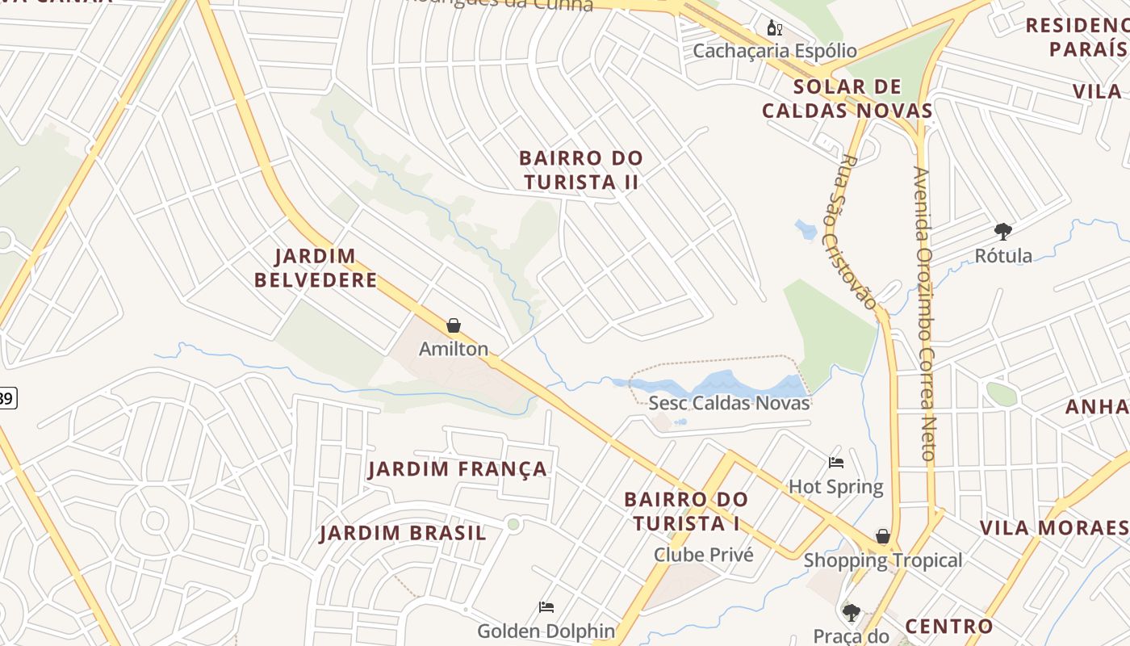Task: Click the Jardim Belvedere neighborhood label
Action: [x=316, y=268]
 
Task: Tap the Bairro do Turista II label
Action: [x=580, y=170]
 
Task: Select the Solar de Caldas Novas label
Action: [x=847, y=99]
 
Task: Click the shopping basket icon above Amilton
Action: [x=454, y=325]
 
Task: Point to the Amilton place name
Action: [x=454, y=349]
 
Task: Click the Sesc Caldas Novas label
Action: [x=729, y=403]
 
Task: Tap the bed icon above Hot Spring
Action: [x=836, y=463]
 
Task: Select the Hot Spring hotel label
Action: [x=836, y=487]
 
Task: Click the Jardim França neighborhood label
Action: [x=458, y=469]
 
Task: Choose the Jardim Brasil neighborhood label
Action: [x=403, y=533]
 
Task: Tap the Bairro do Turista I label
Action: [x=686, y=511]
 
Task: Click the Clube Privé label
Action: [x=703, y=555]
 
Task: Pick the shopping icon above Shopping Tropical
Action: [x=883, y=536]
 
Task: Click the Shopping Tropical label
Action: [x=883, y=560]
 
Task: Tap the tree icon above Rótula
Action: [x=1003, y=233]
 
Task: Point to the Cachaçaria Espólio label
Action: [x=775, y=51]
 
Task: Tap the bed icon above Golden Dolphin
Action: [x=546, y=607]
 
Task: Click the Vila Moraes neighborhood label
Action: [x=1054, y=528]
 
